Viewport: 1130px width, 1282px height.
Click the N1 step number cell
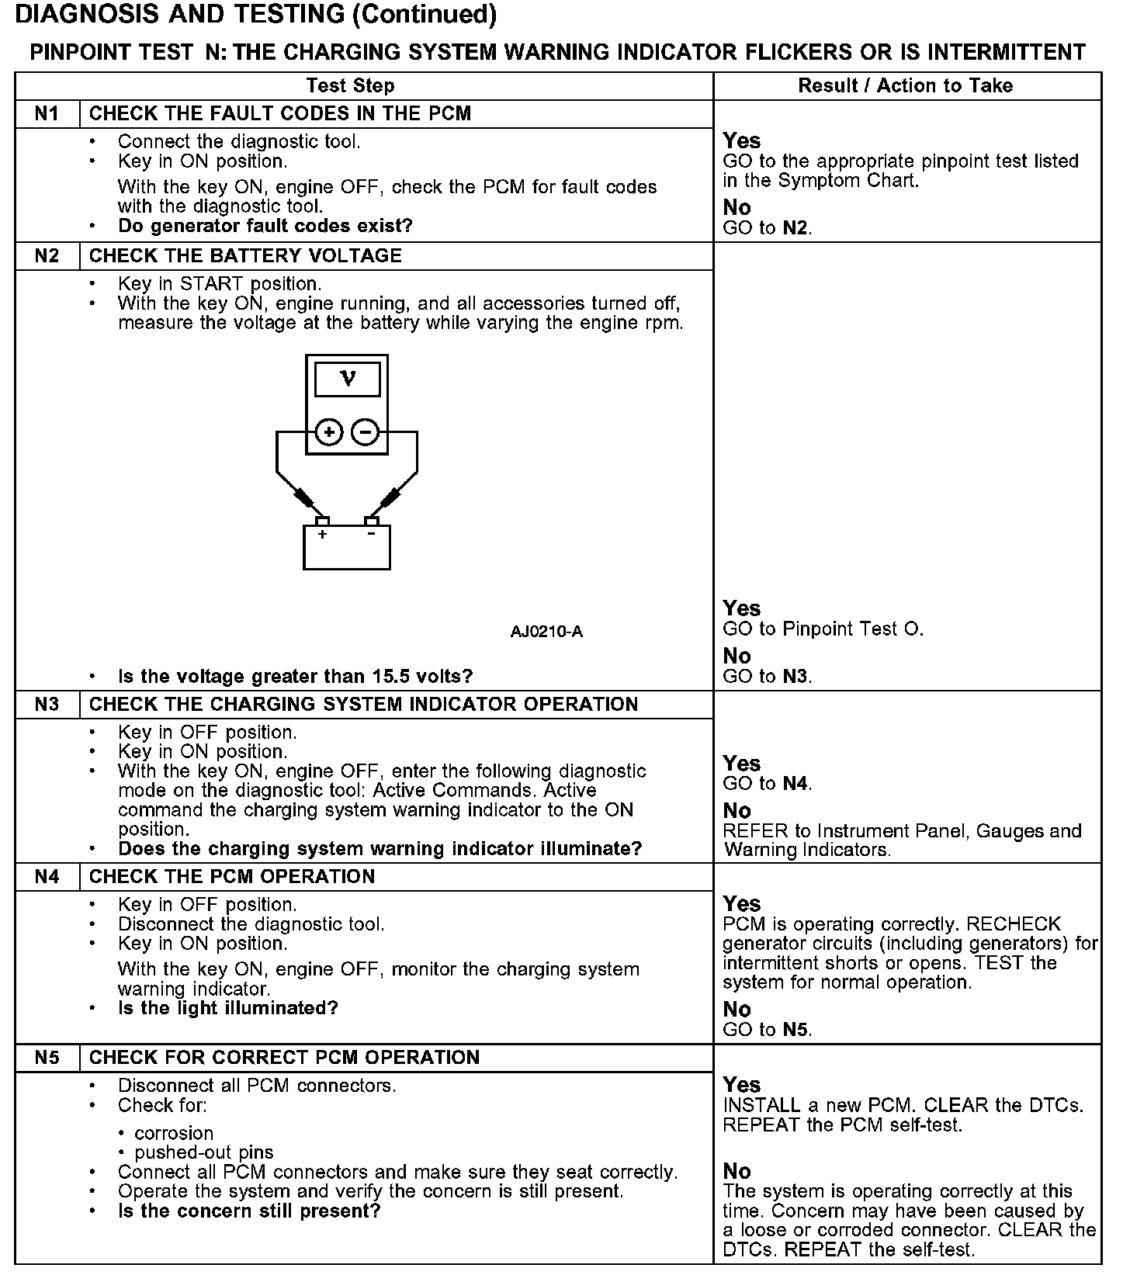coord(47,114)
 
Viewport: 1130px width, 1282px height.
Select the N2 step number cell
coord(47,256)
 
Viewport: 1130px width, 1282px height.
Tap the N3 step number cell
coord(47,705)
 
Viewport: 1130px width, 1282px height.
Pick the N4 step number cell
coord(47,877)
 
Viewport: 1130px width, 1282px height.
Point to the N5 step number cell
coord(47,1058)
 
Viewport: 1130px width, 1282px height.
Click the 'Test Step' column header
coord(350,86)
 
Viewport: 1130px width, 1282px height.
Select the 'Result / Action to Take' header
coord(906,86)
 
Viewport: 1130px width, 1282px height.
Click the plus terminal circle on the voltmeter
coord(329,431)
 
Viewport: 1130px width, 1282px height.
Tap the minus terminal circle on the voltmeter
coord(366,431)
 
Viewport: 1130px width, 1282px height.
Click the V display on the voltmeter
coord(348,379)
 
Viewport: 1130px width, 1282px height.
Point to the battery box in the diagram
coord(346,547)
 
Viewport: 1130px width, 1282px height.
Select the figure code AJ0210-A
coord(546,632)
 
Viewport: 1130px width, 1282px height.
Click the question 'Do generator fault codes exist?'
coord(265,227)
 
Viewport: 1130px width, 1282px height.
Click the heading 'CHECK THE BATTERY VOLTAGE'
coord(245,256)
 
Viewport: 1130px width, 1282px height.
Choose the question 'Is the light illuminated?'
coord(228,1009)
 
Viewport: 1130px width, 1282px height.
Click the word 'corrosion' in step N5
coord(174,1133)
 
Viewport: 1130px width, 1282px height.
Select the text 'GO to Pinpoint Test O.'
coord(823,629)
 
